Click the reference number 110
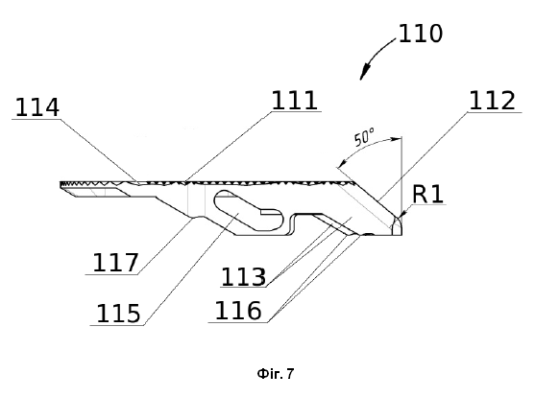pos(420,34)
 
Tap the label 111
pos(295,100)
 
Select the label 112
pos(492,101)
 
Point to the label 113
pos(244,277)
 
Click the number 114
pos(37,107)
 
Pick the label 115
pos(118,314)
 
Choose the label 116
pos(238,311)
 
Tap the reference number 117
pos(115,263)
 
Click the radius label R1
pos(427,195)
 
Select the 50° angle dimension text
pos(364,137)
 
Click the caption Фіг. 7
pos(276,374)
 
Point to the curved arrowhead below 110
pos(364,72)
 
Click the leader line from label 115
pos(191,269)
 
